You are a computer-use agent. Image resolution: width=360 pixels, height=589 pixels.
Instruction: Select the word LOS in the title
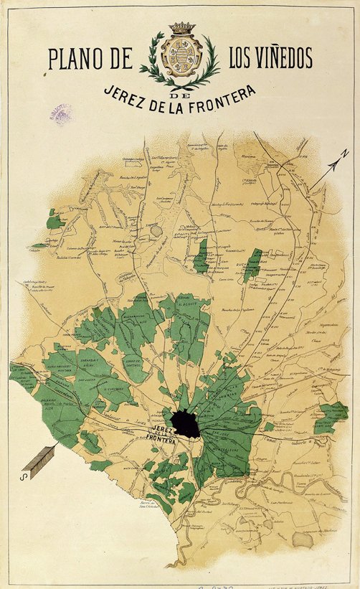click(x=240, y=57)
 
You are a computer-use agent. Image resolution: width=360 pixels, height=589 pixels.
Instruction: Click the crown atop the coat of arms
click(x=181, y=28)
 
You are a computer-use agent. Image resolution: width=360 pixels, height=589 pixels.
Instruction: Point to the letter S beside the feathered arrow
click(x=24, y=474)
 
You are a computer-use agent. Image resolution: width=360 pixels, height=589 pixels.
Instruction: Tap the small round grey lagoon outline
click(x=155, y=231)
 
